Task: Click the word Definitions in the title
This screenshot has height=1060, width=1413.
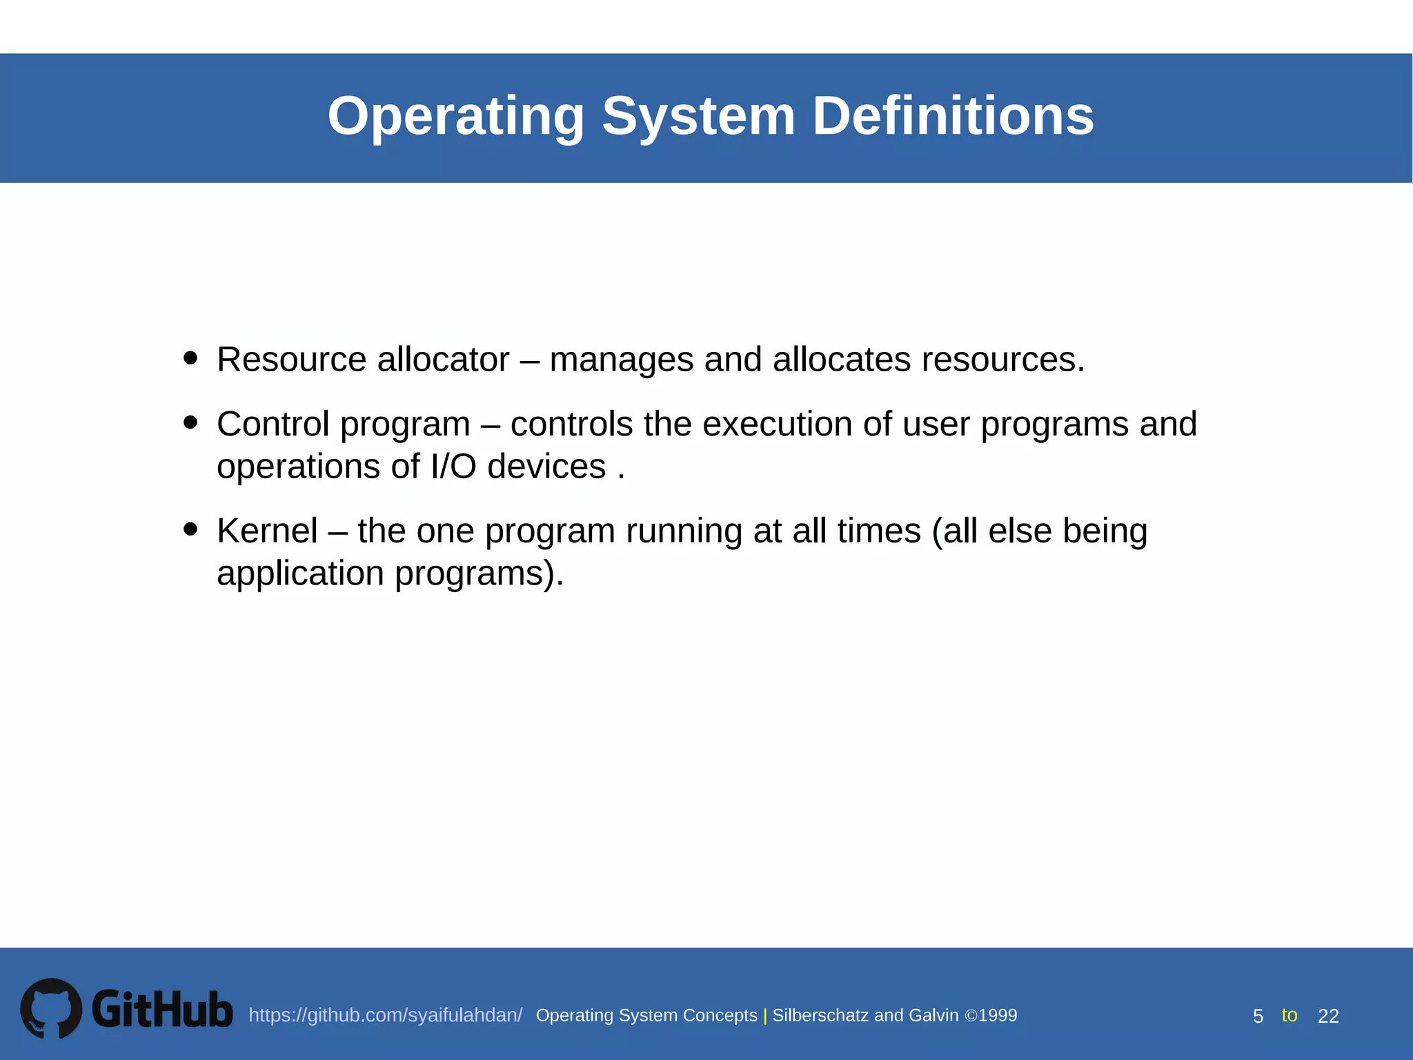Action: [953, 116]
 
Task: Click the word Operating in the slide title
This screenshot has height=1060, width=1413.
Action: [456, 116]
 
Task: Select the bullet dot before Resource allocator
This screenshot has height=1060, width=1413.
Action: [191, 358]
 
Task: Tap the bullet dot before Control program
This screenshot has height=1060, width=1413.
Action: [191, 422]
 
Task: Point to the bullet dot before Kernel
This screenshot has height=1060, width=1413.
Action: [191, 529]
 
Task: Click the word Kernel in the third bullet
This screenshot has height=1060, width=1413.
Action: [267, 531]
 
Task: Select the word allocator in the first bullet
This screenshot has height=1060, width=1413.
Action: [443, 360]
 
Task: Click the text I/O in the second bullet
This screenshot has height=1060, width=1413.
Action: [453, 467]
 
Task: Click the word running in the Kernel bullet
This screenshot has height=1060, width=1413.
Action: [684, 532]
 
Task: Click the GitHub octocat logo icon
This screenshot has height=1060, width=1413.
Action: [51, 1008]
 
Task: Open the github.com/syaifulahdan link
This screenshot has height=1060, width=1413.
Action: [385, 1016]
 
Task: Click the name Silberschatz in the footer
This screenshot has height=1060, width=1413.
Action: [820, 1016]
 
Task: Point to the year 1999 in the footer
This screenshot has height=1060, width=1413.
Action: [998, 1016]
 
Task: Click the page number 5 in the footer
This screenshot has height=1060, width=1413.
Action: [1258, 1017]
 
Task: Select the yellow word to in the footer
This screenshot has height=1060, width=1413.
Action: [1289, 1015]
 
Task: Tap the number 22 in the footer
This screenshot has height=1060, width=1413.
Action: [1328, 1017]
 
